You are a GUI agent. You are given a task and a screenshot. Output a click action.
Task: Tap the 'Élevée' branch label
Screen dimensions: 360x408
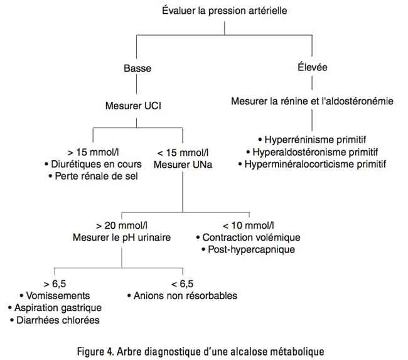coord(311,67)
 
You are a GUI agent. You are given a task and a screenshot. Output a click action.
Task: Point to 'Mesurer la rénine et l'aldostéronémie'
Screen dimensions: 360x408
coord(312,101)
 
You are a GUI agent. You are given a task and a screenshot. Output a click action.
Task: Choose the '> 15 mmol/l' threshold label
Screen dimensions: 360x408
coord(92,153)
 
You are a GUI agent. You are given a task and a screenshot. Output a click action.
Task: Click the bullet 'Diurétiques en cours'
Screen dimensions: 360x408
coord(94,165)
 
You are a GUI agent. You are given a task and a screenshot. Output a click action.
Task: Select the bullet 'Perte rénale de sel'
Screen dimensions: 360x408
coord(94,177)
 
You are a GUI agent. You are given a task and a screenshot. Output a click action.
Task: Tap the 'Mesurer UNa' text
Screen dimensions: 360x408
coord(182,165)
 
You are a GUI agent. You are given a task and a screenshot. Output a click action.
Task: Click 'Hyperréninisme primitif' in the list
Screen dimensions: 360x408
coord(312,140)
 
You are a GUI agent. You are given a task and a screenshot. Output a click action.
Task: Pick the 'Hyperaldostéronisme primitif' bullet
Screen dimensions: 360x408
coord(312,152)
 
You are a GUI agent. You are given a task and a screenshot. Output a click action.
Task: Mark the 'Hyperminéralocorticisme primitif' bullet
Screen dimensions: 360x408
coord(312,164)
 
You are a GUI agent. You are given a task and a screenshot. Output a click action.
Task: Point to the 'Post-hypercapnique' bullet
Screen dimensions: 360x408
coord(248,249)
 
